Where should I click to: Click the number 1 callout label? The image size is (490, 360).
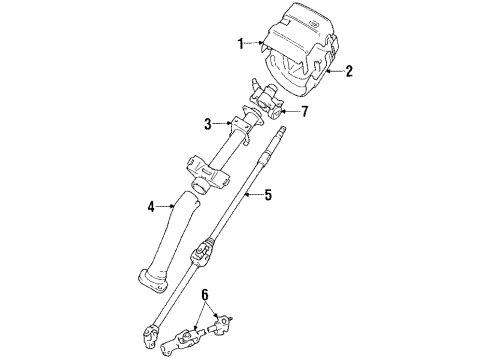pos(240,44)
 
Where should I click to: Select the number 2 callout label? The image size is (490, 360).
pos(349,71)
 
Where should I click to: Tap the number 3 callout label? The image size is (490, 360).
pos(209,124)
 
